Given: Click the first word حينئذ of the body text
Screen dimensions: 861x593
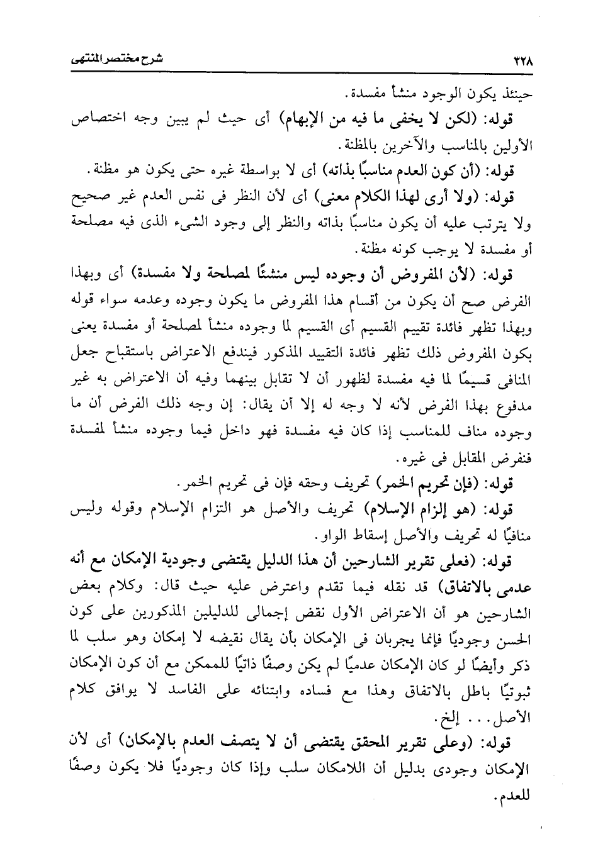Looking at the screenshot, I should [x=516, y=95].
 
